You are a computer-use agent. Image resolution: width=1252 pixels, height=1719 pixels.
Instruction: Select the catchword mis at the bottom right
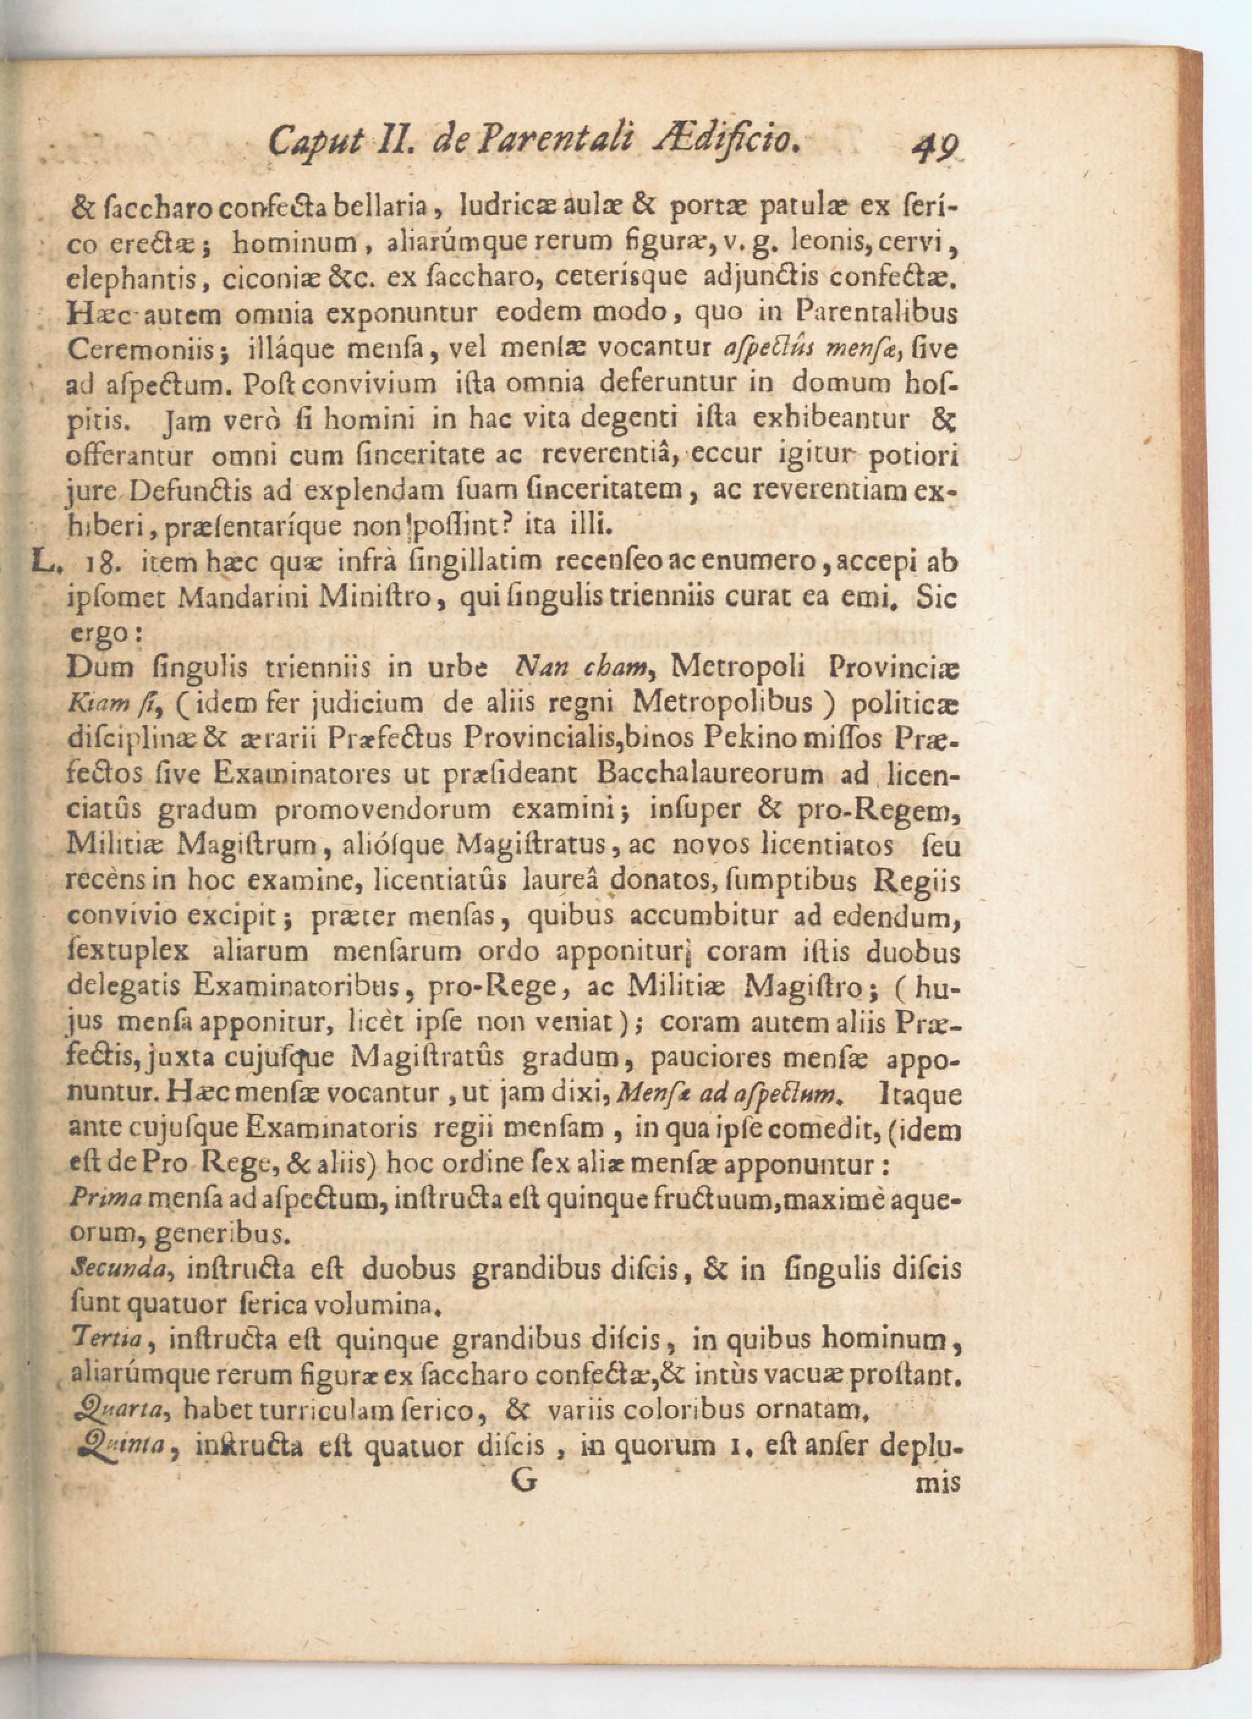(938, 1483)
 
